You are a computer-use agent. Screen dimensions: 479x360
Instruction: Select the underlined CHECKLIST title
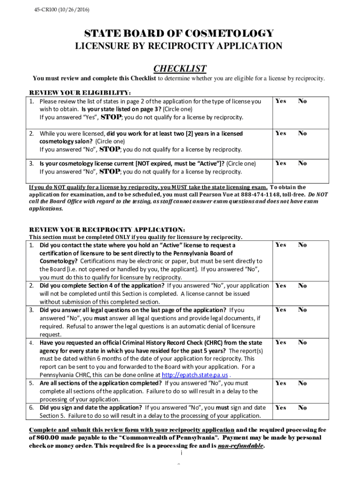(x=180, y=68)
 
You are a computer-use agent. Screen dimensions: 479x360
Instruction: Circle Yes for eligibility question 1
(x=281, y=101)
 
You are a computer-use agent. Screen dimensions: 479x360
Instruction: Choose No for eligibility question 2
(x=302, y=133)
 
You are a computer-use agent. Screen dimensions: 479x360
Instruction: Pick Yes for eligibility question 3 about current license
(x=281, y=163)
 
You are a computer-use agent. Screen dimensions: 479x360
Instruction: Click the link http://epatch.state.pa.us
(x=194, y=375)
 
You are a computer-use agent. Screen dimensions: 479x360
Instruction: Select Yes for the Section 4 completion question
(x=281, y=286)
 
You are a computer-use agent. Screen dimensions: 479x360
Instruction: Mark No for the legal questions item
(x=302, y=310)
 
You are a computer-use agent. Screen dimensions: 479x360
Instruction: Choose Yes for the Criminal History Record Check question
(x=281, y=342)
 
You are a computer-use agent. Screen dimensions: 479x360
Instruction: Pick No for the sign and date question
(x=302, y=408)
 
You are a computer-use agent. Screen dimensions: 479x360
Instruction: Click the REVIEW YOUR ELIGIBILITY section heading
(x=80, y=92)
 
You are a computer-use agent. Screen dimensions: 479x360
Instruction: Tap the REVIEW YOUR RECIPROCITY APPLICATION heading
(x=107, y=230)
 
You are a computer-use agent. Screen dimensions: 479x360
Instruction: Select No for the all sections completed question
(x=302, y=383)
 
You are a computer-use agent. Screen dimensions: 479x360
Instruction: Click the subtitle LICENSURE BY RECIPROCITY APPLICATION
(x=179, y=46)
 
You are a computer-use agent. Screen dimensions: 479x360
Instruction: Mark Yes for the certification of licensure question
(x=281, y=245)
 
